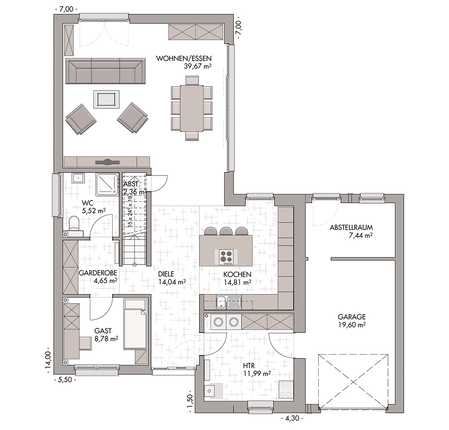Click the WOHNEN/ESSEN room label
tap(184, 58)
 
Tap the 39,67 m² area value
tap(198, 66)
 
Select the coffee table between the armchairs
tap(107, 100)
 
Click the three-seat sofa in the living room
tap(104, 71)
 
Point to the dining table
tap(192, 108)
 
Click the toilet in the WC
tap(74, 223)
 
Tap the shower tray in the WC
tap(107, 184)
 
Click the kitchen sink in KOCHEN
tap(229, 302)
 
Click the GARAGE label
tap(352, 317)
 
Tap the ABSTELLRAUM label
tap(351, 228)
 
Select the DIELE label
tap(166, 274)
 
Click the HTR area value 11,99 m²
tap(257, 373)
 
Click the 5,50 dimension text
tap(65, 380)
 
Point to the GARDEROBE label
tap(98, 273)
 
